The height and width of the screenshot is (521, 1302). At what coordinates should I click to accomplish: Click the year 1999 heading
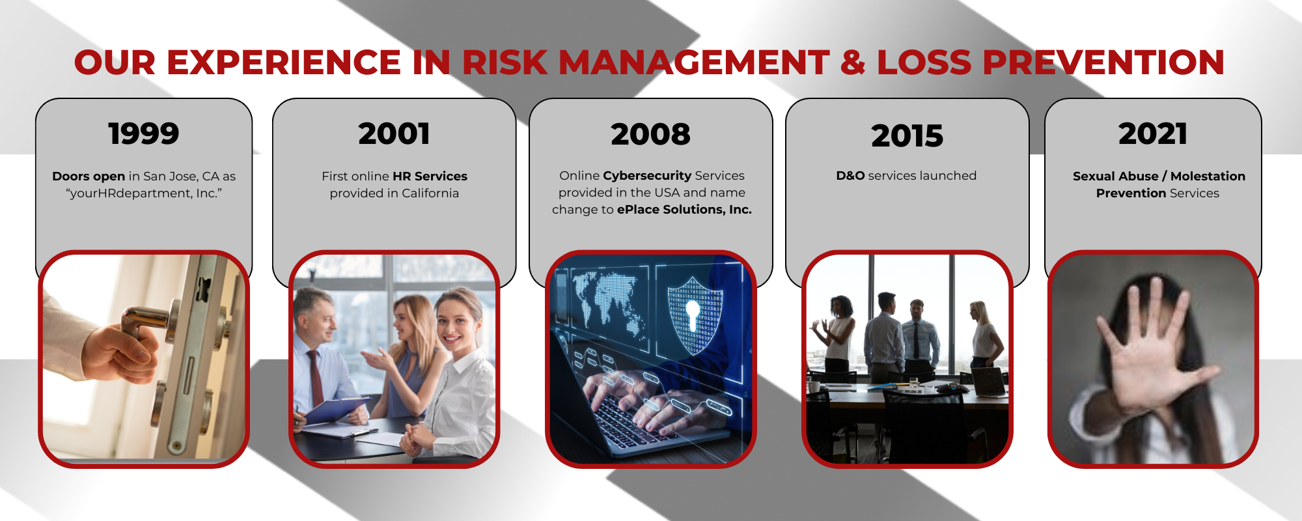click(x=144, y=134)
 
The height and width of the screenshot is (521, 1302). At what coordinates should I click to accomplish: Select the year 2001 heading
click(x=394, y=134)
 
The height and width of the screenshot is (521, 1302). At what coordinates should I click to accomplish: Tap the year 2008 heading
click(x=650, y=134)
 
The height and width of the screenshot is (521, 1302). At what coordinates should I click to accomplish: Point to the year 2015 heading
click(x=907, y=136)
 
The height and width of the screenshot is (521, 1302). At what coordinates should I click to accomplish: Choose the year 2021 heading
click(x=1153, y=134)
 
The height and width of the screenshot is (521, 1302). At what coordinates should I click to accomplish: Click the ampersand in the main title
click(x=853, y=63)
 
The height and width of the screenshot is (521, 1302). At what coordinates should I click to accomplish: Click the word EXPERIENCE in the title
click(x=283, y=63)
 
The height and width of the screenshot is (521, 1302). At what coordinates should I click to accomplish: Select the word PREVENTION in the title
click(x=1103, y=63)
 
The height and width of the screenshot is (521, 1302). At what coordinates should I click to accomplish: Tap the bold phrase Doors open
click(x=89, y=176)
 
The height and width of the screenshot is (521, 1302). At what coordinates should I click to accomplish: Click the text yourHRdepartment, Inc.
click(x=144, y=193)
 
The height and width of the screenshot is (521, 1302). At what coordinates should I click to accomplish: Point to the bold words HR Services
click(x=430, y=176)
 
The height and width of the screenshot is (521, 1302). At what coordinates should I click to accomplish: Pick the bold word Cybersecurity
click(x=647, y=176)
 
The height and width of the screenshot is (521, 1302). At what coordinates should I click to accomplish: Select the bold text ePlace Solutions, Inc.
click(x=684, y=210)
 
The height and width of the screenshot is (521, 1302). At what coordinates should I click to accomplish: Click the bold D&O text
click(x=850, y=176)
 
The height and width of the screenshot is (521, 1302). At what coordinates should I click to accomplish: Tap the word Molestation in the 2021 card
click(x=1208, y=176)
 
